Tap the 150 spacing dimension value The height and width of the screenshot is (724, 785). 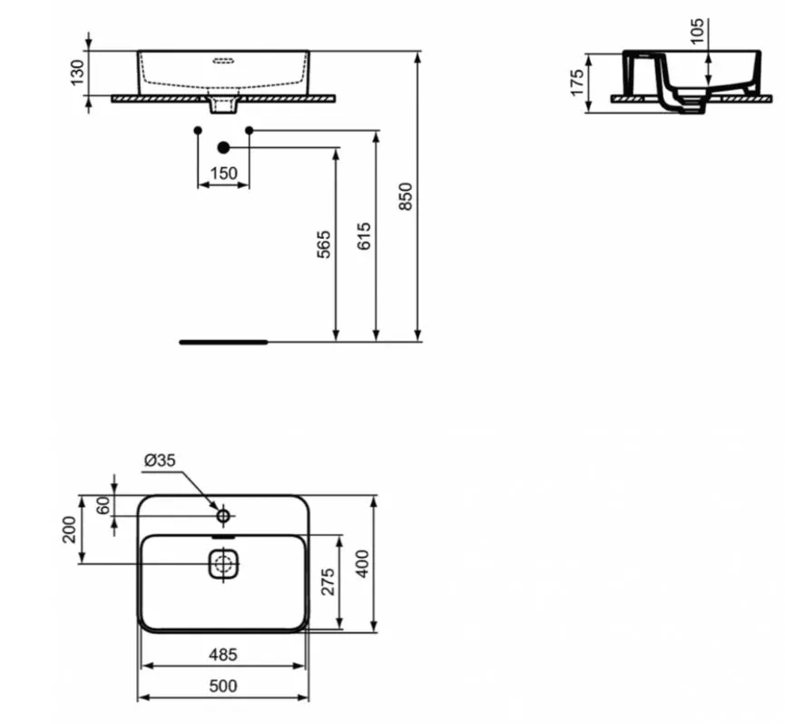click(x=223, y=174)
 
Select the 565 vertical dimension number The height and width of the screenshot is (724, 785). click(x=324, y=246)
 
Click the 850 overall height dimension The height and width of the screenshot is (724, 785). click(x=406, y=198)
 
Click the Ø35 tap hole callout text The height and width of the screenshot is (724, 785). click(x=160, y=461)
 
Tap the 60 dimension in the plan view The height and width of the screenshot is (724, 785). click(x=103, y=505)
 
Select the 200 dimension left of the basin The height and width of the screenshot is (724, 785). click(x=70, y=530)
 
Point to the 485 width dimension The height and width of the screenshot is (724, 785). click(x=223, y=654)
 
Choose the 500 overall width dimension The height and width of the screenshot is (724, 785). click(x=223, y=686)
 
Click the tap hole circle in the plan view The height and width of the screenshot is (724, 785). click(x=223, y=516)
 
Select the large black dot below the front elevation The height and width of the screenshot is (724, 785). click(x=223, y=147)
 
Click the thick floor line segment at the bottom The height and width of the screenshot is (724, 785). click(x=223, y=342)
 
